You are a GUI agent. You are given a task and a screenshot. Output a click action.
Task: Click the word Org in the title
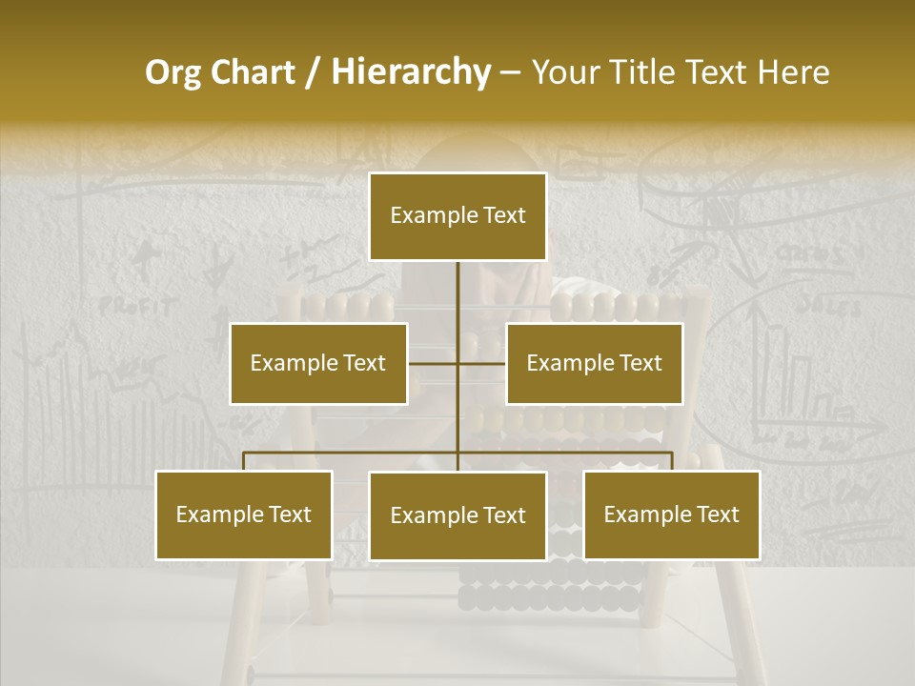pos(173,73)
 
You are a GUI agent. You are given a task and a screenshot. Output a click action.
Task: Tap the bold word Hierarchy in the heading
pos(410,73)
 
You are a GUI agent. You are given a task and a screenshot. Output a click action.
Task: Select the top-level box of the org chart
pos(457,216)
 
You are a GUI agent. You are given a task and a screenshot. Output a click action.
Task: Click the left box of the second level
pos(318,363)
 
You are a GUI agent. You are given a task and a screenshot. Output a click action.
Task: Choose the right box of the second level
pos(594,363)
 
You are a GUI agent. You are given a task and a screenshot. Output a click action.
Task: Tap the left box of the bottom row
pos(243,515)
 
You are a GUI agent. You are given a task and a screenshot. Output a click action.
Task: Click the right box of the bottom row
pos(672,515)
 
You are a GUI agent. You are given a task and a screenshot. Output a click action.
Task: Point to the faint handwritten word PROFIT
pos(138,307)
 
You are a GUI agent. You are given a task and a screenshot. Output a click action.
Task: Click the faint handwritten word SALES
pos(828,306)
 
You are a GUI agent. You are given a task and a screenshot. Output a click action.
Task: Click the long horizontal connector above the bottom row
pos(353,453)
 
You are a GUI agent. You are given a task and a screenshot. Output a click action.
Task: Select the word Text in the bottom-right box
pos(718,515)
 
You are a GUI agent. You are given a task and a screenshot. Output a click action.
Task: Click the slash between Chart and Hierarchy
pos(313,73)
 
